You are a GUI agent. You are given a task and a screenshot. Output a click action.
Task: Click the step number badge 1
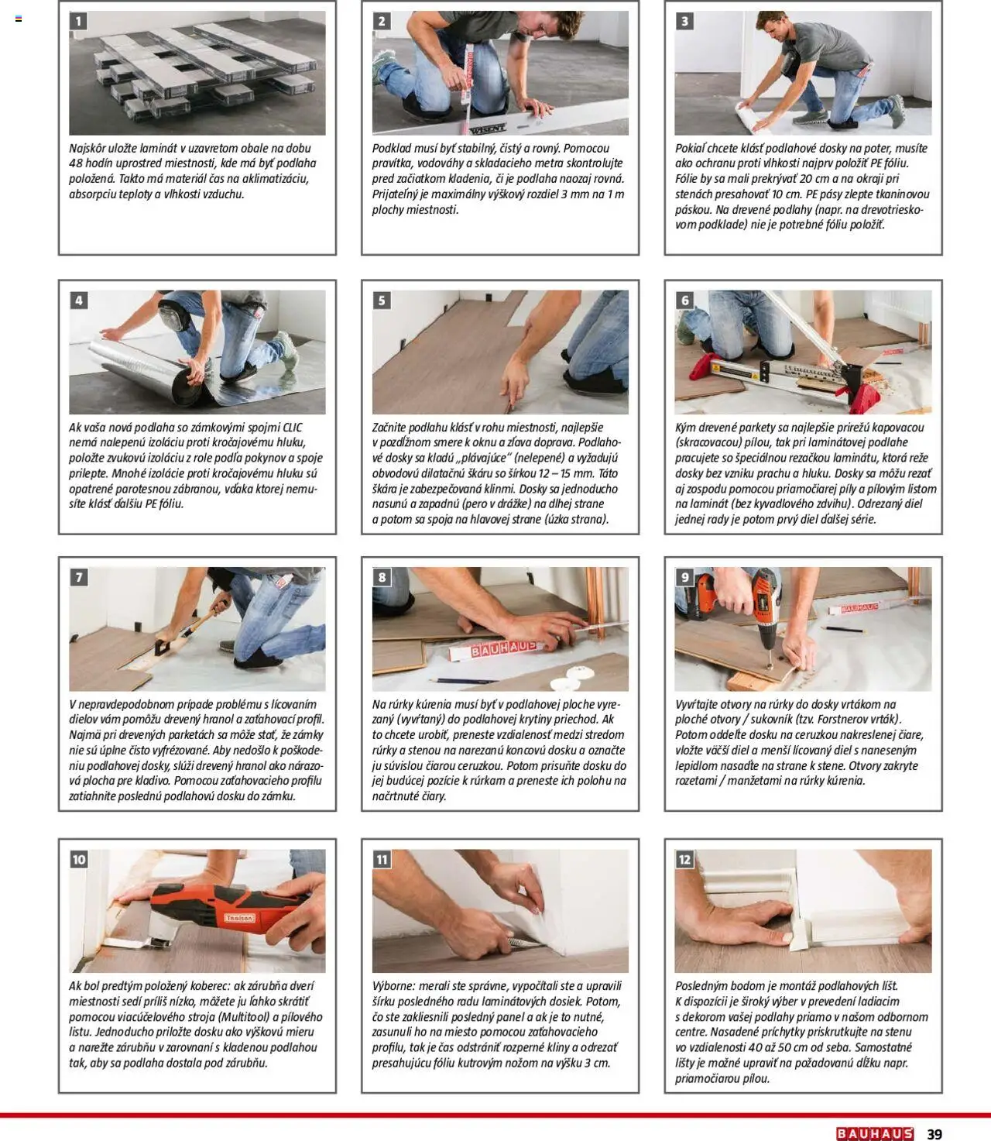pos(79,22)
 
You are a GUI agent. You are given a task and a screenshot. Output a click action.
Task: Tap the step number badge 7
pos(79,577)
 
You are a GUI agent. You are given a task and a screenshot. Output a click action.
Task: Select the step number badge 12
pos(684,860)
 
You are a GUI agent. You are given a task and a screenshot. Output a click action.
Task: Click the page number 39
pos(934,1134)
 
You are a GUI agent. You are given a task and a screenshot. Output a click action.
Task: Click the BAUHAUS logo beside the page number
pos(875,1134)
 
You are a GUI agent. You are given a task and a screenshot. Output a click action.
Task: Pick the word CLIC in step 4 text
pos(293,428)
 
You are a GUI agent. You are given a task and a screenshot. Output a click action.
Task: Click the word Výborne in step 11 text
pos(393,986)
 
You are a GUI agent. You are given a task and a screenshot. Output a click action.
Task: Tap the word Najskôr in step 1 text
pos(88,149)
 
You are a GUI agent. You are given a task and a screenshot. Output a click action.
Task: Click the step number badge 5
pos(381,301)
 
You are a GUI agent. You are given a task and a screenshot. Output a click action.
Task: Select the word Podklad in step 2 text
pos(391,149)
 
